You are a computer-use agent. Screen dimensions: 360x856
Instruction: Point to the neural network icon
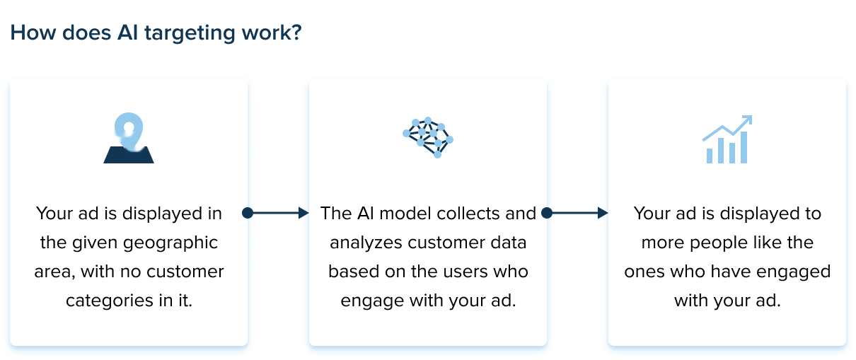(x=427, y=137)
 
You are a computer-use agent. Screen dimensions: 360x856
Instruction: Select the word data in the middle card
(x=507, y=243)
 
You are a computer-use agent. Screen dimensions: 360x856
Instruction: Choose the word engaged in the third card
(x=792, y=272)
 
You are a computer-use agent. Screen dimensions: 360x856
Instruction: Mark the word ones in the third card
(x=644, y=272)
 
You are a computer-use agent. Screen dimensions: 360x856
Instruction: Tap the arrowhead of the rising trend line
(x=747, y=120)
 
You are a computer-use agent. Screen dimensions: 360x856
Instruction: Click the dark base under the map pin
(x=129, y=156)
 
